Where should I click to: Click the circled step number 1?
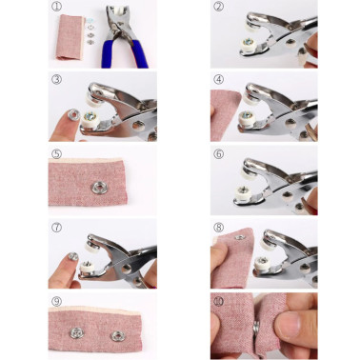pos(56,7)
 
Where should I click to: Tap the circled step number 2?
pos(218,7)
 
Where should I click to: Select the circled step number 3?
pos(56,79)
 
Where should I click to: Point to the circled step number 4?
pos(218,79)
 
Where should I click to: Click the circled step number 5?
pos(56,154)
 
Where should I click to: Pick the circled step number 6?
pos(218,154)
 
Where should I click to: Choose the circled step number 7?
pos(56,228)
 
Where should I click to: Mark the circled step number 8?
pos(218,228)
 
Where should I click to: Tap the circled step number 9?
pos(56,301)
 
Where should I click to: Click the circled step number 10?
pos(218,301)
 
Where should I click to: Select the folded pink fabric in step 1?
pos(70,37)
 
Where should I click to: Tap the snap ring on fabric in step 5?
pos(99,188)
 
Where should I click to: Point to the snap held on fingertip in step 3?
pos(74,114)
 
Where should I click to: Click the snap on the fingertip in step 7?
pos(73,256)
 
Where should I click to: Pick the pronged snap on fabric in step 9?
pos(77,333)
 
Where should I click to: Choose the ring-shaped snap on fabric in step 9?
pos(118,336)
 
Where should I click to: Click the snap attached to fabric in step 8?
pos(240,237)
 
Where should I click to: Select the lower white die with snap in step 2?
pos(250,45)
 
